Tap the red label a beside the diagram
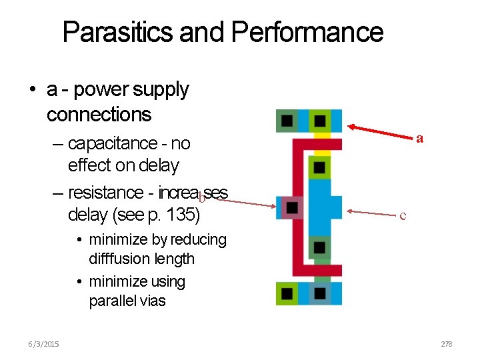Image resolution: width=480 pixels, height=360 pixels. coord(419,139)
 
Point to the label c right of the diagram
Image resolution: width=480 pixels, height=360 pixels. coord(402,215)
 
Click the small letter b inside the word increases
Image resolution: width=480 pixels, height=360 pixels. coord(201,197)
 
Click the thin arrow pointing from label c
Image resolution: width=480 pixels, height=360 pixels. coord(369,213)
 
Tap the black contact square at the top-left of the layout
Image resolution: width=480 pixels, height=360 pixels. coord(287,121)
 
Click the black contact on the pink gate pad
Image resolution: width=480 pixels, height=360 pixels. coord(291,208)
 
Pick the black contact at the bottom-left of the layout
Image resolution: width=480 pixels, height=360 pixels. coord(287,293)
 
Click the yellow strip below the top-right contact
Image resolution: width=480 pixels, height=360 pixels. coord(322,135)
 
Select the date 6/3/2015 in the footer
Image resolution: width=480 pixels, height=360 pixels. coord(43,344)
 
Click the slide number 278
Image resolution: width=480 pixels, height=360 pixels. coord(446,344)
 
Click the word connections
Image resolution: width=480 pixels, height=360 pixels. coord(99,114)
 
